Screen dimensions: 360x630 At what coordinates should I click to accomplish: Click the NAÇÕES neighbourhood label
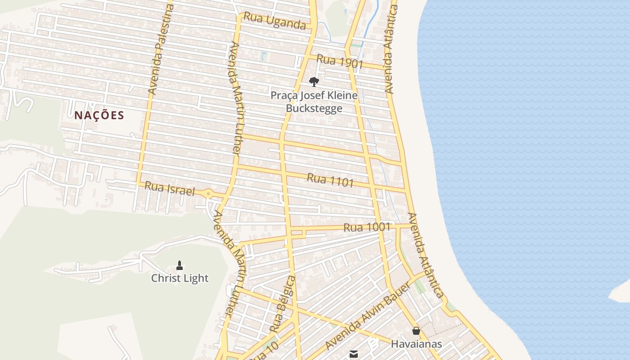point(99,115)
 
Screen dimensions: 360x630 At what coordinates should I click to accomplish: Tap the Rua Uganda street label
point(274,21)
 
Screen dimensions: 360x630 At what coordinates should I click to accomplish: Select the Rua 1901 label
point(340,61)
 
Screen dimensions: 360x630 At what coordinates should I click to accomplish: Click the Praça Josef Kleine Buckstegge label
point(314,102)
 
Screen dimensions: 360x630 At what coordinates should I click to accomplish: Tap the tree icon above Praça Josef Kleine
point(314,81)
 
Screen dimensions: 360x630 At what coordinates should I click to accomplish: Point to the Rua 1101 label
point(330,180)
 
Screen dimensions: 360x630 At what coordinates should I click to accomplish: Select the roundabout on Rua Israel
point(208,194)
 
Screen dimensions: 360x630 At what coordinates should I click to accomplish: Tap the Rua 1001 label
point(367,227)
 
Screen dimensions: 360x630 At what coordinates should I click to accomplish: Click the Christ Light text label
point(180,278)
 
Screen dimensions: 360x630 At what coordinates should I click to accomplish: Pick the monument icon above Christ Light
point(180,265)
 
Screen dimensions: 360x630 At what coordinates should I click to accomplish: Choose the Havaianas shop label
point(416,344)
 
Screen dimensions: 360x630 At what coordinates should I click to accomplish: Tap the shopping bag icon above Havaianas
point(416,331)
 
